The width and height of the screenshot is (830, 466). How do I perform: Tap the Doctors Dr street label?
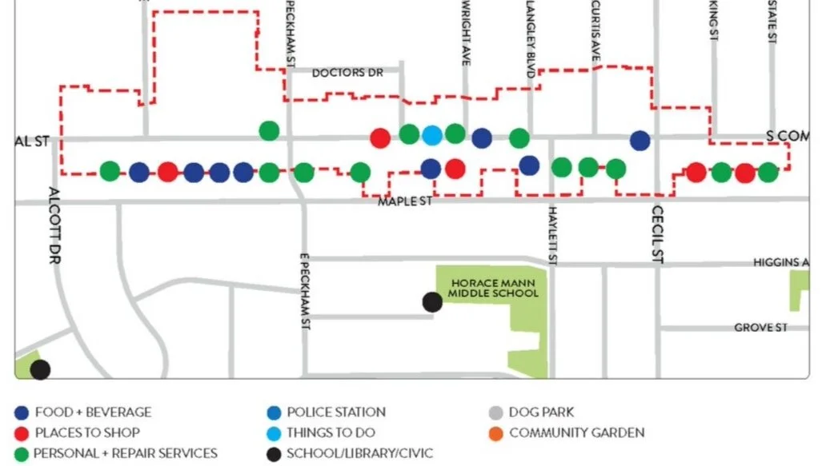click(347, 73)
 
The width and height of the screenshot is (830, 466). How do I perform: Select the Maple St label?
click(405, 201)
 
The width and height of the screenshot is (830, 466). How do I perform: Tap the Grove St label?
click(760, 328)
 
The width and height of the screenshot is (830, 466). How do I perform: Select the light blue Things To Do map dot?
click(432, 136)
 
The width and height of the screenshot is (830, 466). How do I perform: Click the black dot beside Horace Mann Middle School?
click(432, 302)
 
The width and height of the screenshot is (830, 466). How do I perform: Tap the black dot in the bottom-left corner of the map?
click(40, 369)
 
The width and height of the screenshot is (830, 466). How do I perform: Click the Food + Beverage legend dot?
click(22, 412)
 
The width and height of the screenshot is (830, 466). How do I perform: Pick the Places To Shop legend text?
click(87, 432)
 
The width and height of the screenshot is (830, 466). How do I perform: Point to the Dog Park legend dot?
click(495, 412)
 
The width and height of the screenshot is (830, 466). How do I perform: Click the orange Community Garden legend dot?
click(495, 432)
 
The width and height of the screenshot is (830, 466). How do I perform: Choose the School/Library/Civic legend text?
click(360, 453)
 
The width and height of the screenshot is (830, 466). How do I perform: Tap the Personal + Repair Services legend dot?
click(22, 453)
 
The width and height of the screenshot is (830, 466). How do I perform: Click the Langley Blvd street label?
click(530, 38)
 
